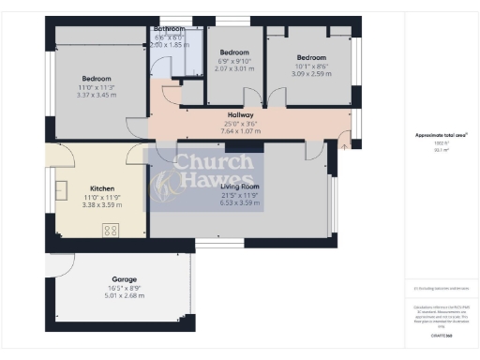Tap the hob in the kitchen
click(x=110, y=230)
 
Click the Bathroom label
click(x=170, y=29)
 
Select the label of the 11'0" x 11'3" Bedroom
click(x=97, y=78)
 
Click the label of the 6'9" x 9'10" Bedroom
click(x=234, y=52)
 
